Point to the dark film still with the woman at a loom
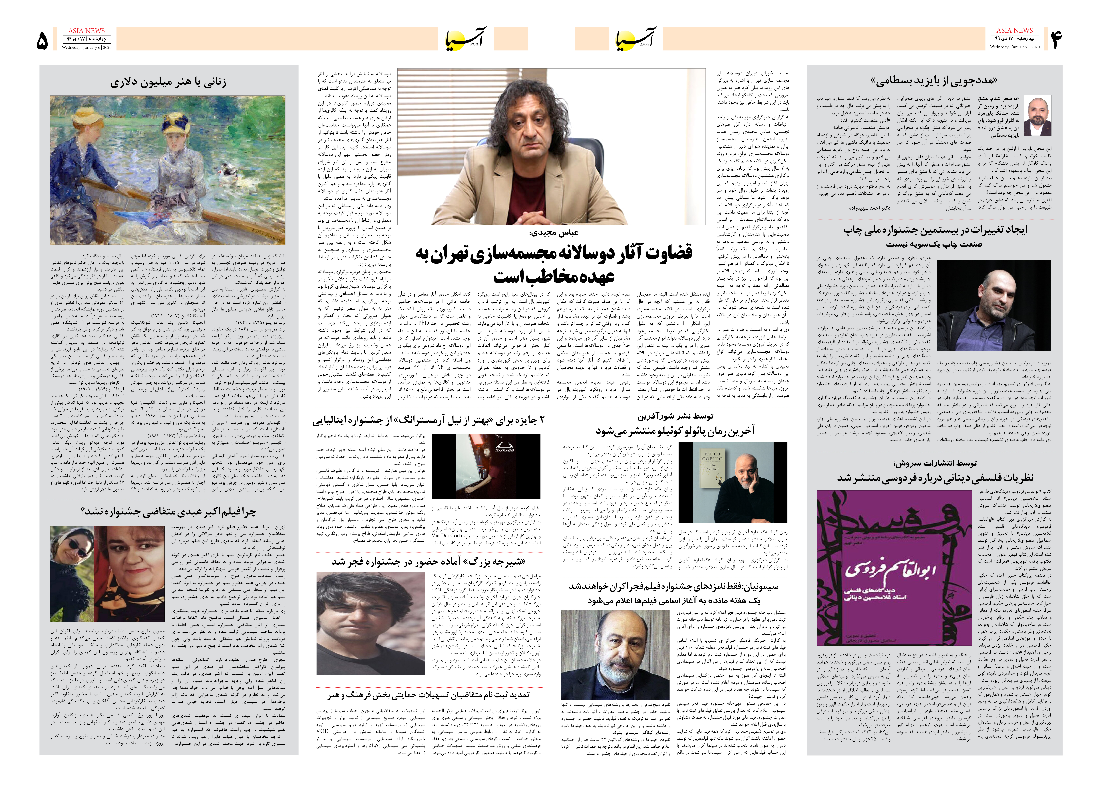click(x=486, y=465)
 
